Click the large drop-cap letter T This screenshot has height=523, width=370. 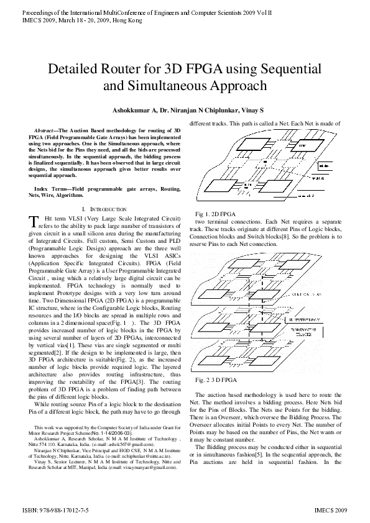pos(34,222)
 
